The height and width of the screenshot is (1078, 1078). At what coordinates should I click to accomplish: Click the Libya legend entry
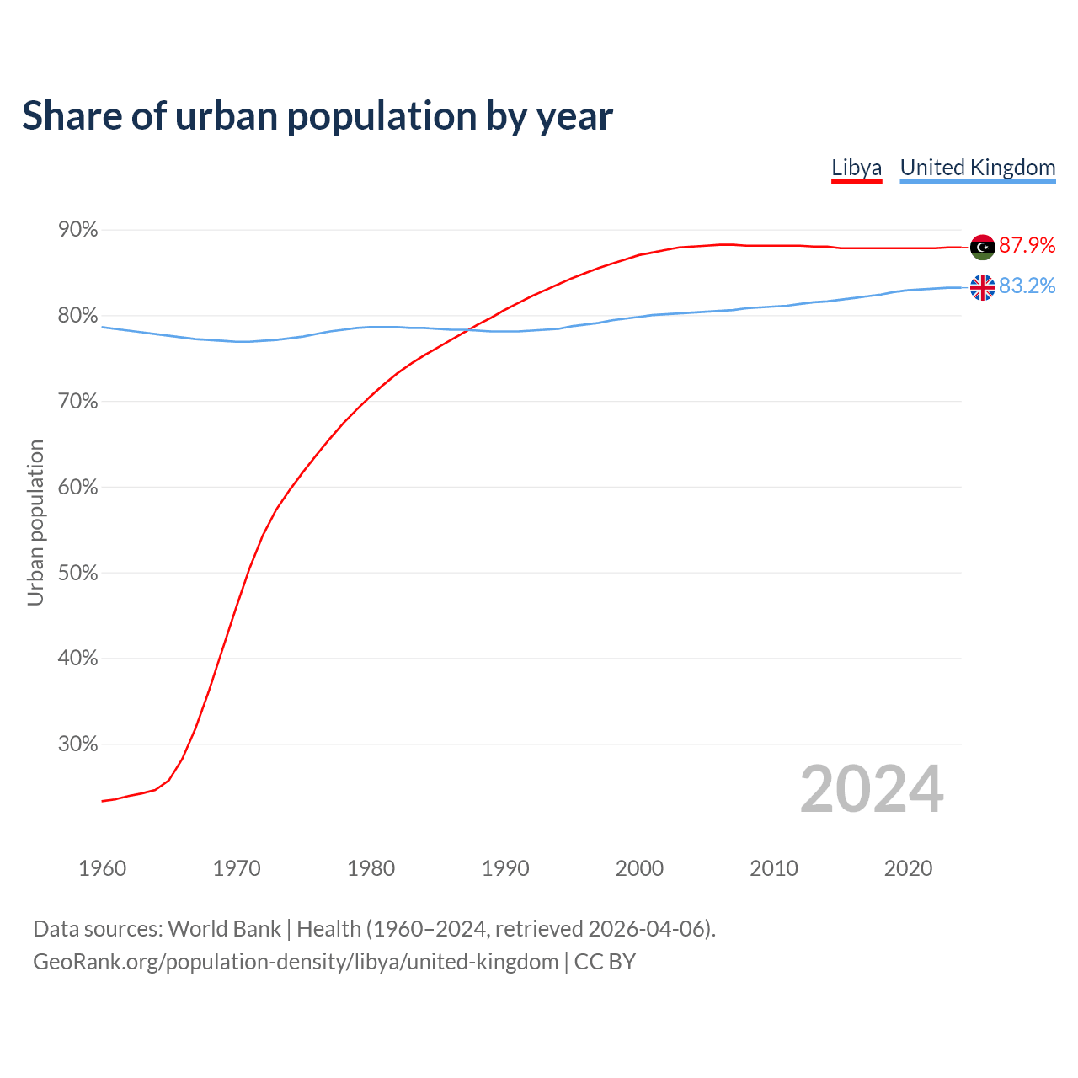[857, 168]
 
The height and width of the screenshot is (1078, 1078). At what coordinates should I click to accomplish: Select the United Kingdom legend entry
[977, 168]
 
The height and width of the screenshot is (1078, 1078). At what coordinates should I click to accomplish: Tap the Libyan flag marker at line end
[982, 247]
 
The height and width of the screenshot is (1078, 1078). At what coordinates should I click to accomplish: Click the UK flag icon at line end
[982, 287]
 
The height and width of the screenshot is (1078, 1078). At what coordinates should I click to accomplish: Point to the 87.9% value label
[1027, 245]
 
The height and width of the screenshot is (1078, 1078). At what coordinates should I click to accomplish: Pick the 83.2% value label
[1027, 286]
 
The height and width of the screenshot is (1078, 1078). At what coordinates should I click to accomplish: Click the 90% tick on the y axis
[77, 230]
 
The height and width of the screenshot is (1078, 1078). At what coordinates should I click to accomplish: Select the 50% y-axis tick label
[77, 573]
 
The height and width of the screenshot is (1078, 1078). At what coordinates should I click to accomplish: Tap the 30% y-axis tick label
[77, 744]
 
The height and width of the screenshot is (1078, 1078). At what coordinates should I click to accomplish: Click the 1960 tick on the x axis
[102, 868]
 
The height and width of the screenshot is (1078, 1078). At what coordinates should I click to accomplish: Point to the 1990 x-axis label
[505, 868]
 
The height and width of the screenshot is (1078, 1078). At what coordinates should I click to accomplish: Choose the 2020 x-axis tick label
[908, 868]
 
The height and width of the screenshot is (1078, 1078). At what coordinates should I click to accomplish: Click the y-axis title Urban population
[35, 522]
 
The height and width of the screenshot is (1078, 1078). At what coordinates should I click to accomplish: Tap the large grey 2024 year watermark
[872, 789]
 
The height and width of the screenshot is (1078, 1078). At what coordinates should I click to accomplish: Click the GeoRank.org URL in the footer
[296, 962]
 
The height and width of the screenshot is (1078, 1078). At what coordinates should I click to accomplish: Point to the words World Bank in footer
[224, 929]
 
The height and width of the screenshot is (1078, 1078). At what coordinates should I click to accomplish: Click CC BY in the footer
[605, 962]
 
